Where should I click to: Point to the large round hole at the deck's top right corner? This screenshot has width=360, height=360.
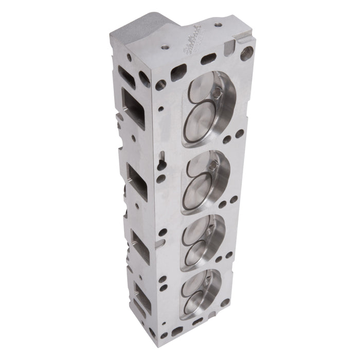[x=247, y=53]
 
